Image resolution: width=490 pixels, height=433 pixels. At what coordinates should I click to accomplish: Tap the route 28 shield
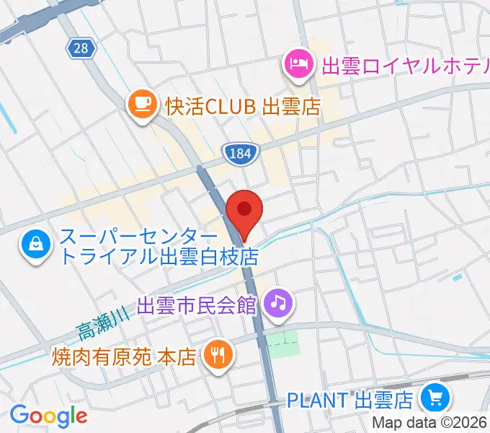pos(79,48)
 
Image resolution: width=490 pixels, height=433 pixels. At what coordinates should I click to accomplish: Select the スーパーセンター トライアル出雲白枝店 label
pos(159,246)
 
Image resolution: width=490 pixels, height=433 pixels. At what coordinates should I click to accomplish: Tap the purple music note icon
pos(279,302)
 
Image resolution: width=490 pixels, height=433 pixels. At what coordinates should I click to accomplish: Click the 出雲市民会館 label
pos(197,304)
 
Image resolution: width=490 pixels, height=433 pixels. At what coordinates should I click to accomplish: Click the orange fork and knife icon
pos(217,354)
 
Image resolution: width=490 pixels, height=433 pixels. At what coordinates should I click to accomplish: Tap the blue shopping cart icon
pos(435,398)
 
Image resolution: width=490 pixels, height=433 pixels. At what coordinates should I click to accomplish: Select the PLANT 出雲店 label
pos(349,398)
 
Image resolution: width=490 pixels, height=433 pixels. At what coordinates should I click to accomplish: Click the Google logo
pos(48,416)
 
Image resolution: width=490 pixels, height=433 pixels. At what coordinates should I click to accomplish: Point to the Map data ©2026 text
pos(430,424)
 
